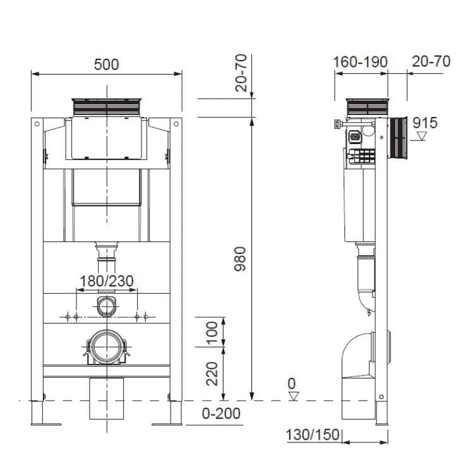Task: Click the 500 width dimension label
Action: (x=106, y=64)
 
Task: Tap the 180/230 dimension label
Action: (x=106, y=280)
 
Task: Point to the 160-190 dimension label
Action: (x=361, y=61)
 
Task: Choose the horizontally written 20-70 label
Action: (x=431, y=61)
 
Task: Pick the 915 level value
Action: (x=425, y=123)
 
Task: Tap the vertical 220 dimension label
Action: (x=212, y=373)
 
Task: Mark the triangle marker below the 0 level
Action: (x=292, y=396)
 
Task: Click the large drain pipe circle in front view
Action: (x=106, y=348)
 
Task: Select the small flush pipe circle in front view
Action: (x=106, y=306)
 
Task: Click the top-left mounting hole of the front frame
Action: (x=37, y=123)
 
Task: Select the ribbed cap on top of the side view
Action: (x=366, y=106)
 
